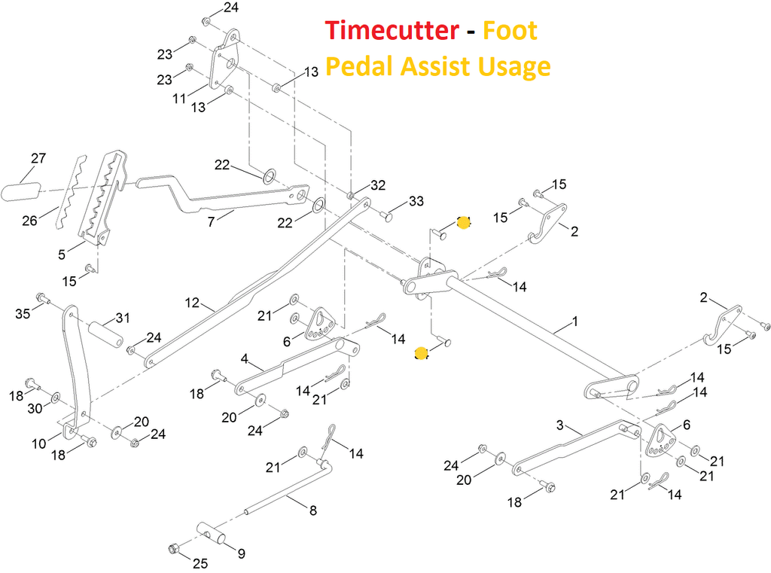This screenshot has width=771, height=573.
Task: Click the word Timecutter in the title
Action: tap(392, 31)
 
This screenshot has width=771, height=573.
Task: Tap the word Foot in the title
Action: tap(510, 31)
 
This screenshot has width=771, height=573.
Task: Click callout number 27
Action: tap(38, 159)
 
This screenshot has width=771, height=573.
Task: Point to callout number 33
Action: tap(416, 201)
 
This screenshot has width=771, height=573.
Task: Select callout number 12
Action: tap(193, 303)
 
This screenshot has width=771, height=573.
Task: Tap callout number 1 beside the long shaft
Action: tap(575, 322)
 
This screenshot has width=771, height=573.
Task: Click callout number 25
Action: tap(200, 562)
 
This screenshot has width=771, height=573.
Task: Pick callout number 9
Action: tap(241, 554)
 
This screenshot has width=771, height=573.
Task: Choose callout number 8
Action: tap(312, 510)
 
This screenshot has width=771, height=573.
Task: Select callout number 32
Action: tap(378, 184)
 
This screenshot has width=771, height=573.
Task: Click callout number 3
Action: tap(559, 425)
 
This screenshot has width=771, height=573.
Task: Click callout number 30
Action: tap(35, 408)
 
